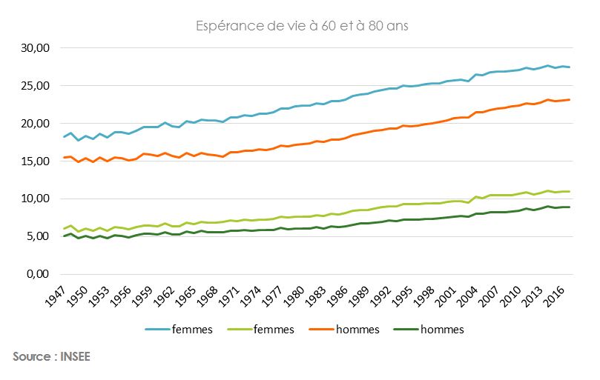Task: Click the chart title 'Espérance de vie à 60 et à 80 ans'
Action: (x=303, y=27)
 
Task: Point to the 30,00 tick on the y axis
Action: (x=33, y=48)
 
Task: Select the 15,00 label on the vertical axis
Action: (x=33, y=161)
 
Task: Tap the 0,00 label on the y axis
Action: (x=36, y=274)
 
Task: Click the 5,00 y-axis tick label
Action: (x=36, y=237)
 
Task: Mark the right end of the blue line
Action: (x=569, y=67)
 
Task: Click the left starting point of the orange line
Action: (x=65, y=157)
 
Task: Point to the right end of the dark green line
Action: (x=569, y=207)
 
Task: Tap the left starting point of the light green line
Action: (x=65, y=229)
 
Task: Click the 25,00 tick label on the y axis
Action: (x=33, y=86)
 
